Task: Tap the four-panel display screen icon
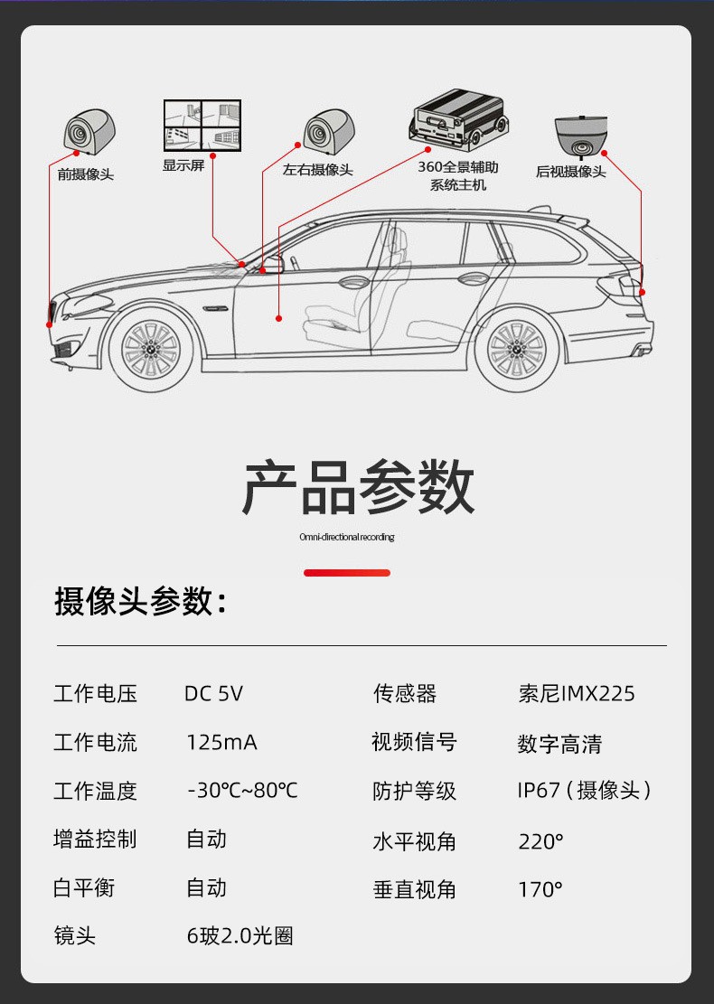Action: point(203,125)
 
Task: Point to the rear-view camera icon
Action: point(579,136)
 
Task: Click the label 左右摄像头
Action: point(317,170)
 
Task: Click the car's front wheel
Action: point(151,349)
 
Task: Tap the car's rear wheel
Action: point(516,349)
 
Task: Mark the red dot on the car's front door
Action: point(279,318)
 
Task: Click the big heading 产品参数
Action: point(358,487)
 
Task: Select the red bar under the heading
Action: point(347,573)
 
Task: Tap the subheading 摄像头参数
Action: point(140,601)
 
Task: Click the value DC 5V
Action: point(213,694)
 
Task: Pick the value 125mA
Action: point(221,743)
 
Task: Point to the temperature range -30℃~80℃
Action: point(242,791)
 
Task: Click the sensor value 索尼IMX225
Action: point(576,694)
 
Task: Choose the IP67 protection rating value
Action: point(584,791)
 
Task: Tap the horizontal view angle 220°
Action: point(540,841)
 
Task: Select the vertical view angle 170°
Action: point(540,889)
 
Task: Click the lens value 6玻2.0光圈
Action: point(240,936)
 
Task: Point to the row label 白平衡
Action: point(84,888)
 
